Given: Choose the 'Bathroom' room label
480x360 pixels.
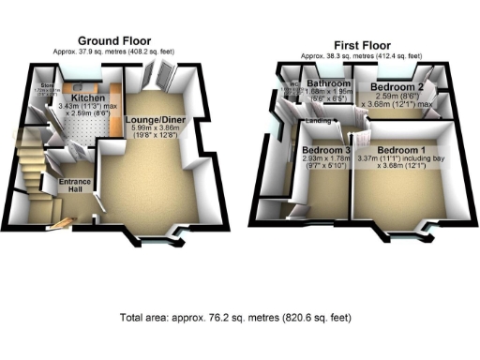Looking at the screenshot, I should tap(329, 84).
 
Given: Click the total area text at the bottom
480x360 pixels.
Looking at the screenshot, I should tap(237, 318).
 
